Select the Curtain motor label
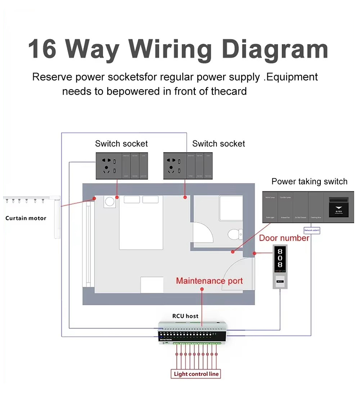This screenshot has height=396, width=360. click(26, 218)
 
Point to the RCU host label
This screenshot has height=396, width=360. click(185, 316)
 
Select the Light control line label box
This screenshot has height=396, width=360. click(197, 374)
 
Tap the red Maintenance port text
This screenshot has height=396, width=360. click(209, 281)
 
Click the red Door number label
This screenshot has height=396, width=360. click(284, 238)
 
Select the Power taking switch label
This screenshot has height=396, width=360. click(309, 181)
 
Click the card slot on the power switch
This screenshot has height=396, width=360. click(338, 205)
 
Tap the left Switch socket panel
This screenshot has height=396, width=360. click(121, 165)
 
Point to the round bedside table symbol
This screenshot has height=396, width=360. click(109, 202)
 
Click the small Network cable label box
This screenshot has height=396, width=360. click(312, 230)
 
